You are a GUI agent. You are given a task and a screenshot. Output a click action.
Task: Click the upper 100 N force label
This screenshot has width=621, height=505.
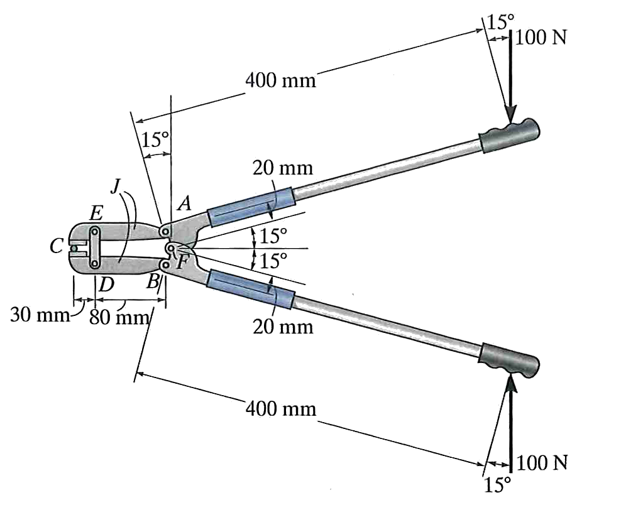coord(541,38)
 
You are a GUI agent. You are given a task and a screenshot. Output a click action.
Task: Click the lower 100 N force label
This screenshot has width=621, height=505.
coord(542,462)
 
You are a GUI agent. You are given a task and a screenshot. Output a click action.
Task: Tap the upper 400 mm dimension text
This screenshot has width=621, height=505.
coord(281,81)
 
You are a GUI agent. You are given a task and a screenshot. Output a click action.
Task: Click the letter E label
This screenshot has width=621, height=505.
coord(96,214)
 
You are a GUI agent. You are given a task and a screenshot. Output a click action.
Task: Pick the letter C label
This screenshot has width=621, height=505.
coord(56,246)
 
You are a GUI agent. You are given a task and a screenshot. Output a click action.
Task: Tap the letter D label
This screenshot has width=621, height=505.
coord(106,284)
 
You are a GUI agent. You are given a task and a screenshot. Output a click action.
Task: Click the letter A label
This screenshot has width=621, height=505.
coord(185,204)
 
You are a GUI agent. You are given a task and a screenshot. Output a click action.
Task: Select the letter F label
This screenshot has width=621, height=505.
coord(182,261)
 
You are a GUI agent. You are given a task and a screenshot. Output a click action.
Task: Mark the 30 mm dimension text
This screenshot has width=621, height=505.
coord(40,315)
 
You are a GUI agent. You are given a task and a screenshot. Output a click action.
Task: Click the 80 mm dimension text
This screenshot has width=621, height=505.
coord(119,317)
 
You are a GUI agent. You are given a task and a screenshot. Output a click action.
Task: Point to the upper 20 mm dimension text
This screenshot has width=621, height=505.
coord(283,168)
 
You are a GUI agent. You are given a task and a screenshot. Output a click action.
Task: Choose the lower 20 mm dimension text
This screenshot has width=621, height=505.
coord(283,327)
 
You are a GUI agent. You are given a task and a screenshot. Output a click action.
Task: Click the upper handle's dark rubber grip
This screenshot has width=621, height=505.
coord(509,135)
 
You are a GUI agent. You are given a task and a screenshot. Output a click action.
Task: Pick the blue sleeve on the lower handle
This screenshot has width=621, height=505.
coord(251,289)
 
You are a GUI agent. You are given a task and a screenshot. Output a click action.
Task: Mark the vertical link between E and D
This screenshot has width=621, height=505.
coord(95,247)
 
